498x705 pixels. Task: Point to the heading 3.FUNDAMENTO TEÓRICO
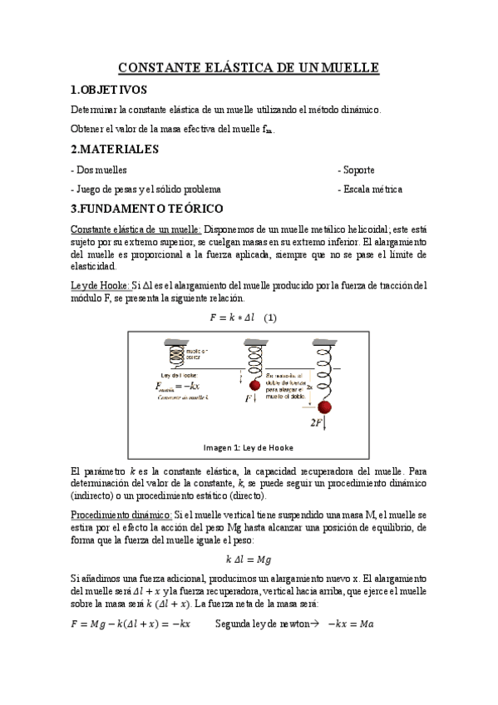(147, 209)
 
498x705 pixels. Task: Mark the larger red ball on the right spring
(325, 407)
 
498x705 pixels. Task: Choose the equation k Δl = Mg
(249, 560)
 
